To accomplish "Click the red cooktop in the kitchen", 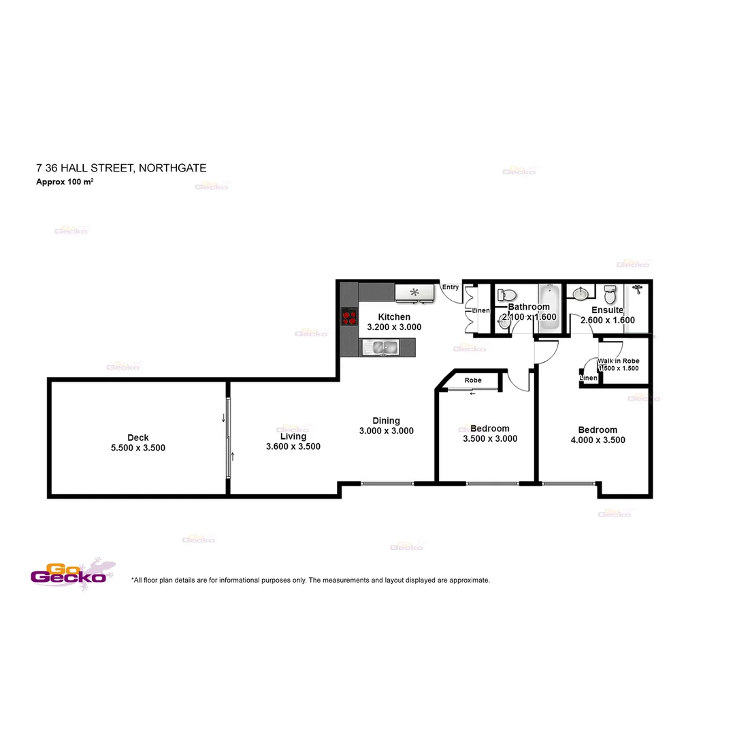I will (349, 317).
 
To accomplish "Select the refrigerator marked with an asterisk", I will (414, 293).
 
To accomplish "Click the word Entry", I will (451, 287).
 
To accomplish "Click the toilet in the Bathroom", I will (506, 294).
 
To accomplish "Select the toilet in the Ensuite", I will (610, 294).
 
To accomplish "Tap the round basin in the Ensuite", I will (581, 294).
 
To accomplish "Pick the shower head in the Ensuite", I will (636, 289).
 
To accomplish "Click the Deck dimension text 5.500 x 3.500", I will (138, 448).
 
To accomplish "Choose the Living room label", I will (293, 436).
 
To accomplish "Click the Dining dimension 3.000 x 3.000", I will (386, 431).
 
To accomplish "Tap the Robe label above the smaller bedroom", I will (473, 380).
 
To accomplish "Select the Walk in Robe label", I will (619, 361).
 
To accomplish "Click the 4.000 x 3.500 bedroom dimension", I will (598, 440).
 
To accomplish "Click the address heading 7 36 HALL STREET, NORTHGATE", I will (121, 167).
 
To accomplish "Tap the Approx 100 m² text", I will (65, 182).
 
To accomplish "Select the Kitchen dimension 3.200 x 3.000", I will (394, 327).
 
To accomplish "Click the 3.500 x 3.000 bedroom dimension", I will (489, 439).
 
